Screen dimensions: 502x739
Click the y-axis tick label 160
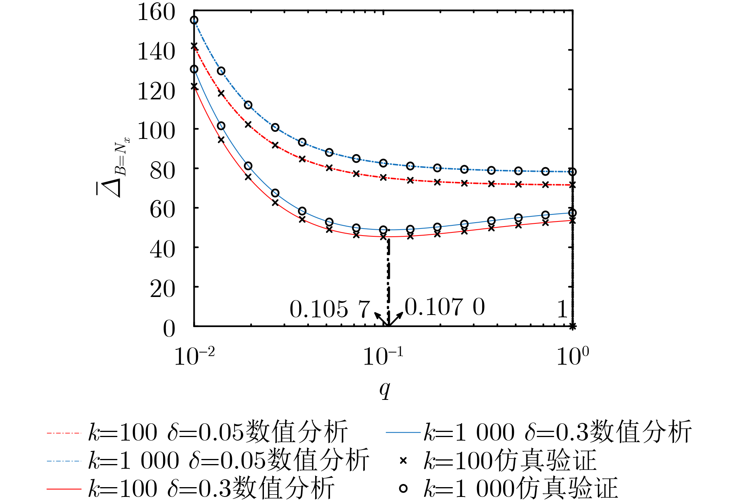click(x=156, y=13)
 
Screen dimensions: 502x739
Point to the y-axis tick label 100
click(x=156, y=131)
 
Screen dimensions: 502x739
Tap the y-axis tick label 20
click(x=162, y=290)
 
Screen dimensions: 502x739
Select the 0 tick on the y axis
click(x=169, y=329)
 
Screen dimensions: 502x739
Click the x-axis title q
click(x=385, y=389)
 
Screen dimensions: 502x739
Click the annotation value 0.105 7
click(x=330, y=309)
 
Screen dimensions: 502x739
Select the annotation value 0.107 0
click(x=445, y=307)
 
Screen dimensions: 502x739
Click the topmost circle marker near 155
click(x=194, y=20)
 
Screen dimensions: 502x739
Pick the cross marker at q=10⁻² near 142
click(x=194, y=46)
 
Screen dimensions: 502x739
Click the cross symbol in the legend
click(x=403, y=461)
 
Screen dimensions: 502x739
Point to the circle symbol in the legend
click(x=403, y=488)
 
